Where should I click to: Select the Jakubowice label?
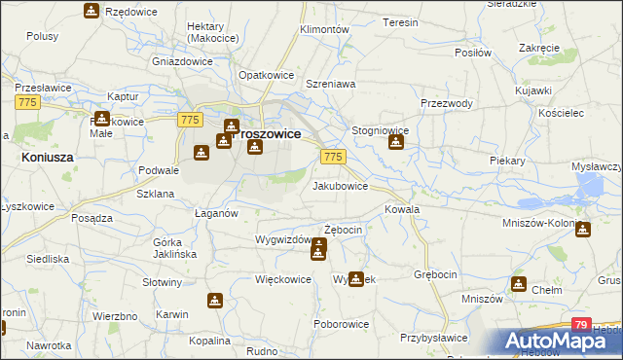click(340, 185)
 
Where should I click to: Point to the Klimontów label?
click(325, 30)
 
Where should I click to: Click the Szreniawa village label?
click(331, 85)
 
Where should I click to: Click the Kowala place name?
click(402, 209)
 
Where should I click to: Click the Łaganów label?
click(216, 213)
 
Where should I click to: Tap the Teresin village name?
click(400, 22)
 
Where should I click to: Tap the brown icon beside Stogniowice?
click(396, 143)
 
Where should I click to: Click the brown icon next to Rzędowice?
click(91, 11)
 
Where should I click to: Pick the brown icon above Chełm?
click(519, 284)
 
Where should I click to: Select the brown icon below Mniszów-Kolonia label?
click(582, 230)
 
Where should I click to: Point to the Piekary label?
click(507, 159)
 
